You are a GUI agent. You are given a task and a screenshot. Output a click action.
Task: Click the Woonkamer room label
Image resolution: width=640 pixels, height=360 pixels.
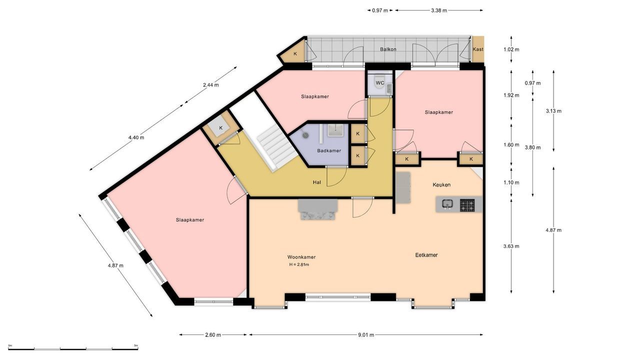(x=301, y=257)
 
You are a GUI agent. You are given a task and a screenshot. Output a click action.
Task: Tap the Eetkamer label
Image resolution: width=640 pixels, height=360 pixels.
(x=426, y=255)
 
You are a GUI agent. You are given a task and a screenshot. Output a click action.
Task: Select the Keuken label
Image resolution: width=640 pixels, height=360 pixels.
(x=441, y=185)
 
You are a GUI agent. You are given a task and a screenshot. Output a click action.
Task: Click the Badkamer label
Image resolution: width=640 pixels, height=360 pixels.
(x=329, y=150)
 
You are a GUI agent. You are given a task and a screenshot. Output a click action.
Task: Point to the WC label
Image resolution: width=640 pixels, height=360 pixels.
(x=379, y=83)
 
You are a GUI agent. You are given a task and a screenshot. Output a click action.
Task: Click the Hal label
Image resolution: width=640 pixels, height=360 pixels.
(x=316, y=182)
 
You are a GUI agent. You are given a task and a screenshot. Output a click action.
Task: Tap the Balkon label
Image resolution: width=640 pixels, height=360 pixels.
(x=388, y=49)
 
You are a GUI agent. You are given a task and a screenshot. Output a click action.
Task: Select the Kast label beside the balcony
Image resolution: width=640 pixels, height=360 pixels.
(x=478, y=49)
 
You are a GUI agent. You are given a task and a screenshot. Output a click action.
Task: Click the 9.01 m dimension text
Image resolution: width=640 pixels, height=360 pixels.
(x=366, y=335)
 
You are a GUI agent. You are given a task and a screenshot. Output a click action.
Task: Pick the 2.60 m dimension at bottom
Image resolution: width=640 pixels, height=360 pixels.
(x=213, y=335)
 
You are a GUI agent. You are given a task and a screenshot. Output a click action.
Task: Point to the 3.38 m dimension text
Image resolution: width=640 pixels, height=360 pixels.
(x=438, y=10)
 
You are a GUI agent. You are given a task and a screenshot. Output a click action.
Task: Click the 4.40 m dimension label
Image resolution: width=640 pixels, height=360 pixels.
(x=136, y=137)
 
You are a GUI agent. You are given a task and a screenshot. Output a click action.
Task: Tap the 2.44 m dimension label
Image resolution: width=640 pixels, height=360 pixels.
(x=210, y=85)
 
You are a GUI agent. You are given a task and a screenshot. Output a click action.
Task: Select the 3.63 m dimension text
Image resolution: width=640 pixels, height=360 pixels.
(x=511, y=246)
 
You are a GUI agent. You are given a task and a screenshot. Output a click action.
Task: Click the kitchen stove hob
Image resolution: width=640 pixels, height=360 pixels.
(x=467, y=204)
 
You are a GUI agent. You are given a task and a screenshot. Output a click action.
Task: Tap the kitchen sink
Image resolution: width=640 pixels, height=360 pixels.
(x=447, y=204)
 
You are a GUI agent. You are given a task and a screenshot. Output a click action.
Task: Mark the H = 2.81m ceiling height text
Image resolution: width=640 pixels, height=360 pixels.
(x=299, y=264)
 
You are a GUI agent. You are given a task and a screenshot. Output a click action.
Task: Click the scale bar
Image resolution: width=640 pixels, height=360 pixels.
(x=73, y=348)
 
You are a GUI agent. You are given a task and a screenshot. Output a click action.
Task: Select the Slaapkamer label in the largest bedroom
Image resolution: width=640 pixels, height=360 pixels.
(x=190, y=220)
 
